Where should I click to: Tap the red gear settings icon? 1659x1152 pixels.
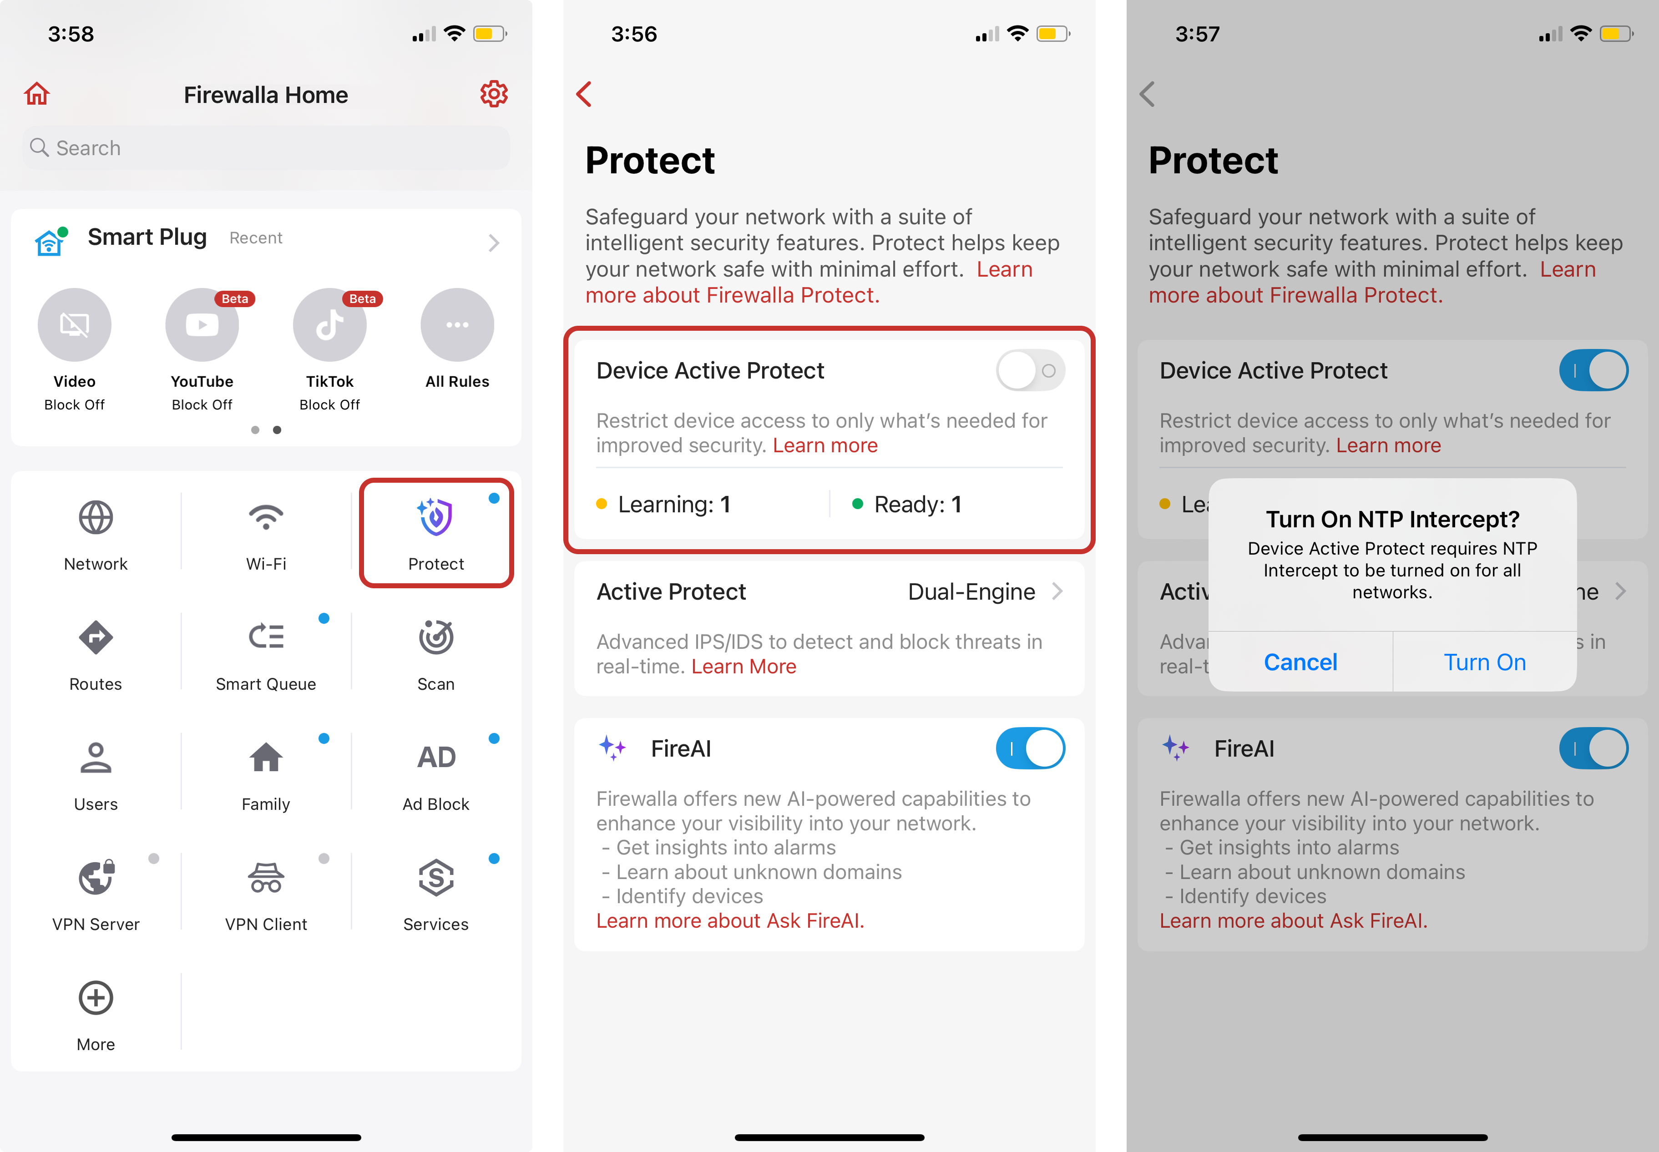click(x=494, y=94)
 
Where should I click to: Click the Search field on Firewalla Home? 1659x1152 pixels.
click(x=266, y=148)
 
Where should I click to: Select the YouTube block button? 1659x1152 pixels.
click(x=202, y=325)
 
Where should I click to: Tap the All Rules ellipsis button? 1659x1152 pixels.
click(x=457, y=325)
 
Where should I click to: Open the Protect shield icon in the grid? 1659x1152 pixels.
click(x=435, y=517)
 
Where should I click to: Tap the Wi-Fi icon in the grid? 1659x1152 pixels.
click(x=266, y=517)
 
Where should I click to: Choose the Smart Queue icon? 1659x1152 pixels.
click(x=266, y=637)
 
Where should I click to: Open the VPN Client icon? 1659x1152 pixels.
click(x=266, y=878)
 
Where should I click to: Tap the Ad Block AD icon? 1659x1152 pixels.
click(x=436, y=757)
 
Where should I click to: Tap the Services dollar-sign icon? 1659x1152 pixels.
click(x=436, y=878)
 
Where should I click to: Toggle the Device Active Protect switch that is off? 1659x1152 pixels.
click(x=1030, y=371)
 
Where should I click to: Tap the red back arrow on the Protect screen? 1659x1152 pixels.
click(x=584, y=94)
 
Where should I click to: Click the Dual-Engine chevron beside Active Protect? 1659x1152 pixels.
click(x=1057, y=591)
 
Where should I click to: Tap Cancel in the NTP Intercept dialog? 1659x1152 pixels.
click(x=1300, y=662)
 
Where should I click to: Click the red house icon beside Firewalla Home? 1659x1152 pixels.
click(x=37, y=94)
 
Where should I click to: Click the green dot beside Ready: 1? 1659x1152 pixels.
click(x=858, y=504)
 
